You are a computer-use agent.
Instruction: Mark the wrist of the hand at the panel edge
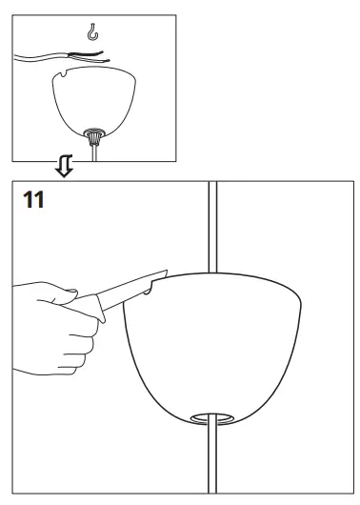pyautogui.click(x=24, y=305)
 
